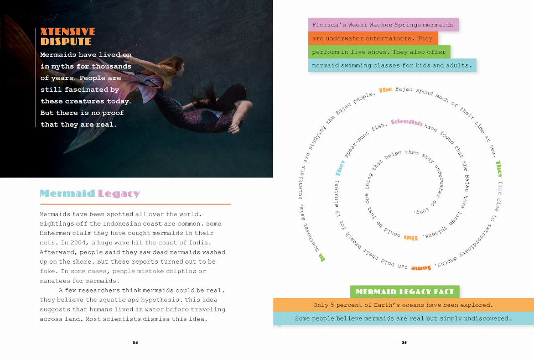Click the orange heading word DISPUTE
65,41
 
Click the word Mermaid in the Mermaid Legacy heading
67,194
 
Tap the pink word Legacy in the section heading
119,194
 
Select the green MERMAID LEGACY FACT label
405,291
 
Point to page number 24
135,343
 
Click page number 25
405,343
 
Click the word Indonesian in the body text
124,223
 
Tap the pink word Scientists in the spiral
407,123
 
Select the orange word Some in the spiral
422,268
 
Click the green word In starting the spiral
322,257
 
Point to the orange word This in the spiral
410,238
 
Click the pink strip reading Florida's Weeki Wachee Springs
383,25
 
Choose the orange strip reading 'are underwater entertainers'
372,39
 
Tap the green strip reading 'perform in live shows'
379,52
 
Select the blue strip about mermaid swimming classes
392,65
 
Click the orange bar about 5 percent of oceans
403,305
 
